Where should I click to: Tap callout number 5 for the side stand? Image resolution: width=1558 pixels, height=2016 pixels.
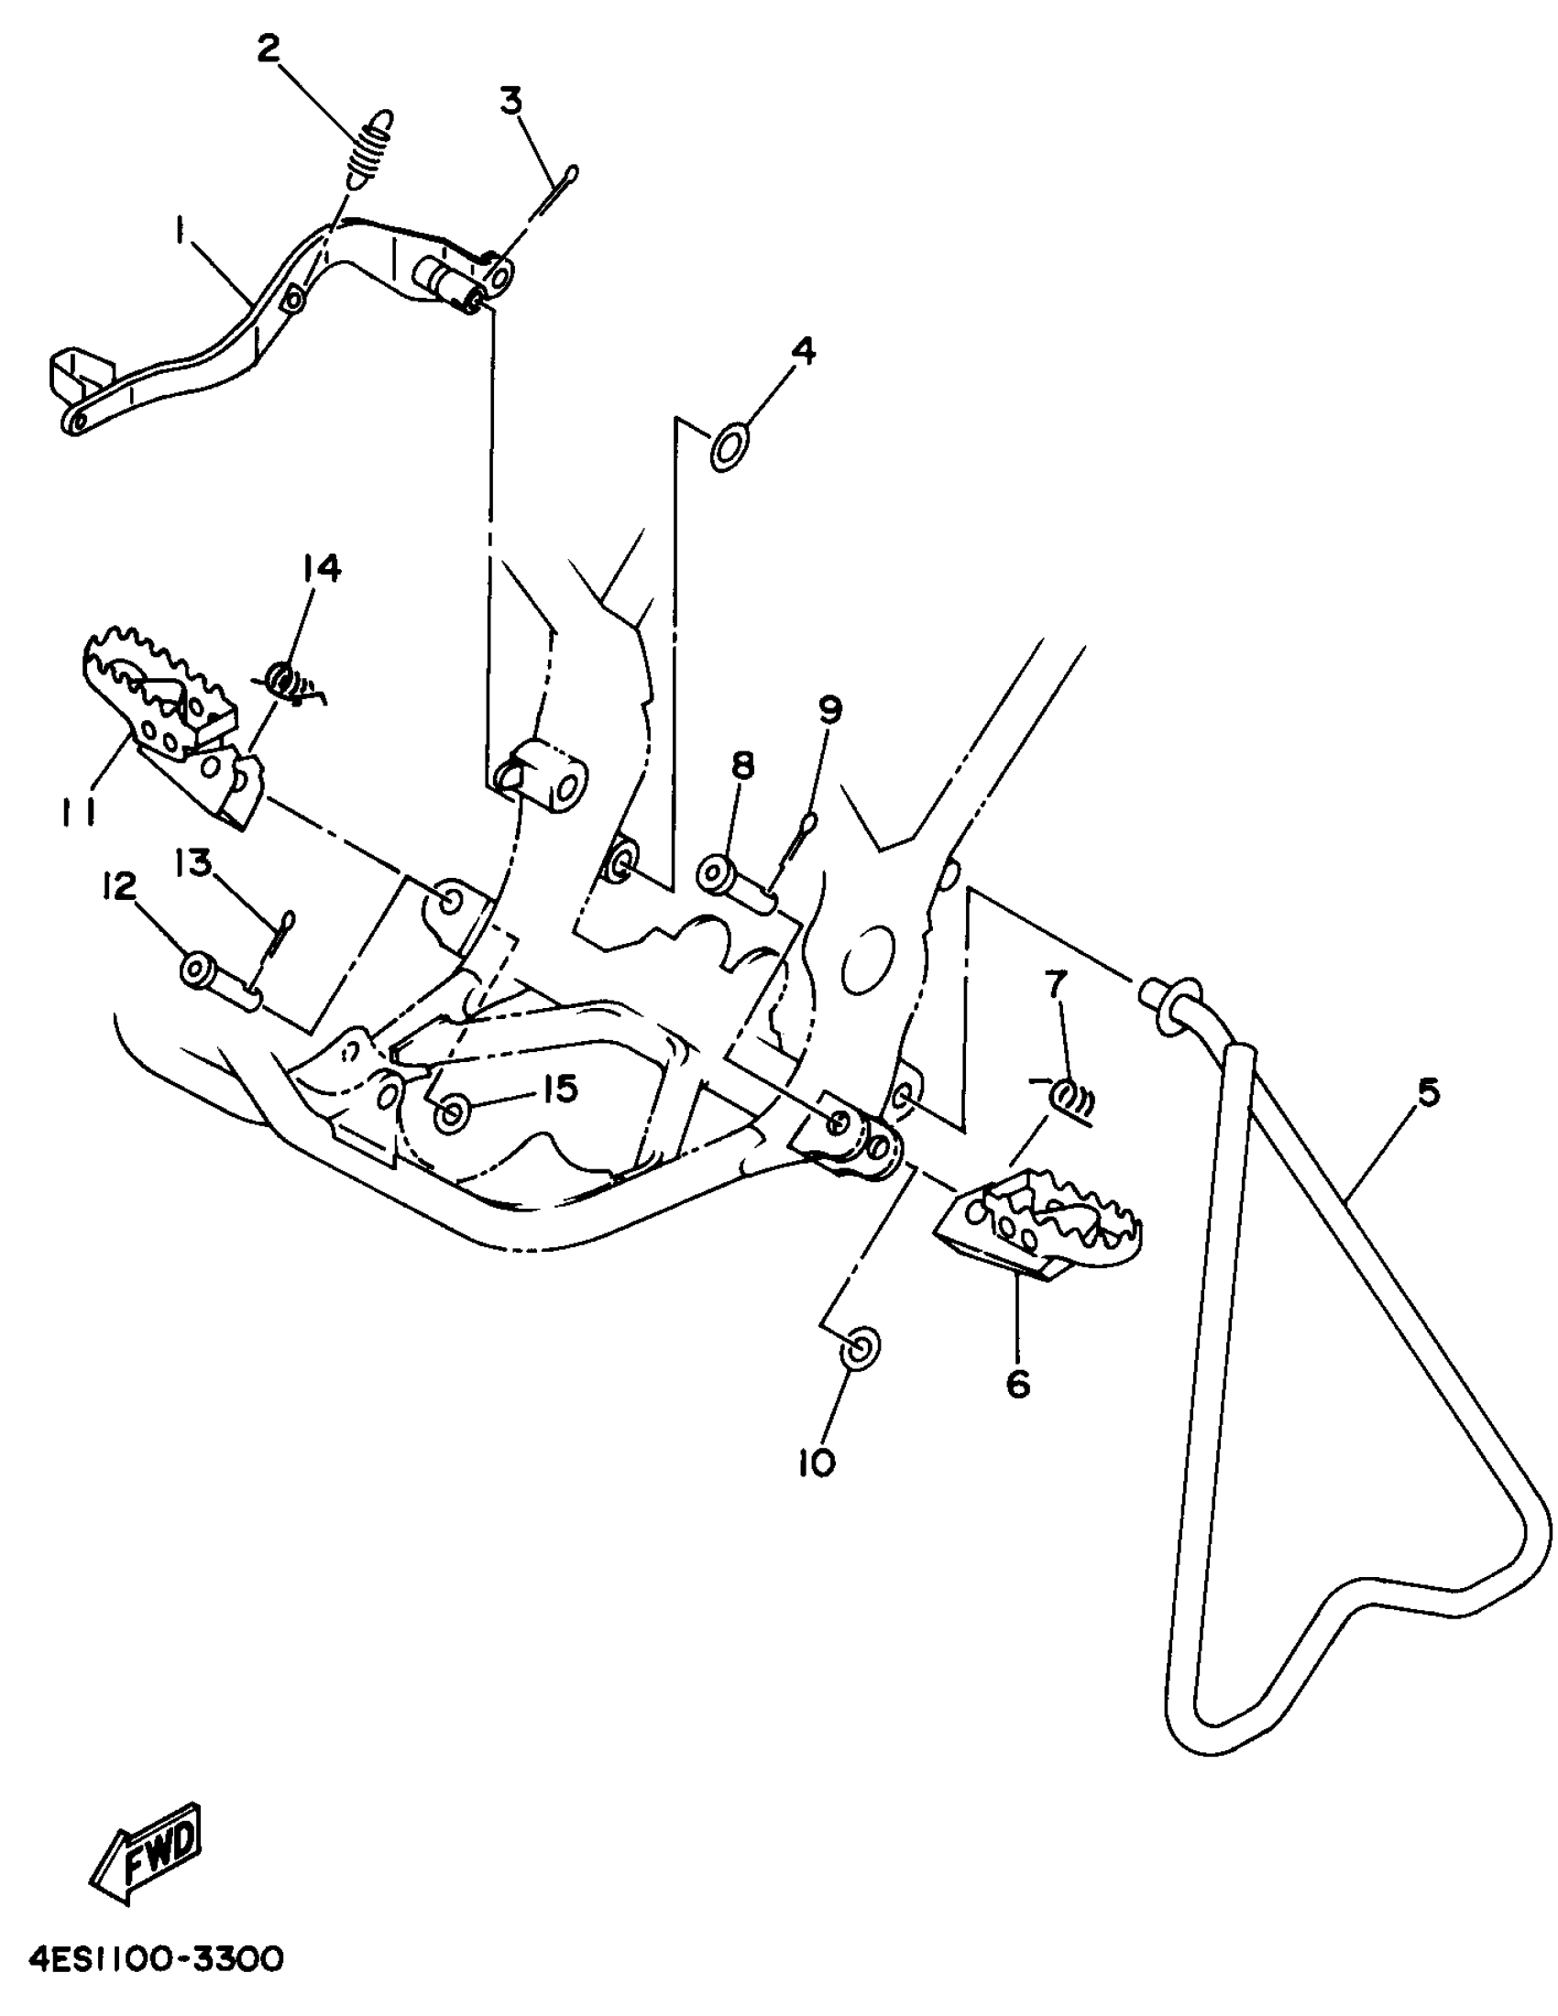click(x=1427, y=1093)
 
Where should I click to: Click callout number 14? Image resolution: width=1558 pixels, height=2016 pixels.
click(x=319, y=568)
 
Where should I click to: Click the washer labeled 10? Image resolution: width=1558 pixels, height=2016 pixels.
click(x=859, y=1349)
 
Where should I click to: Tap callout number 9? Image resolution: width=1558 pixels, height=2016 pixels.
click(x=829, y=709)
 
